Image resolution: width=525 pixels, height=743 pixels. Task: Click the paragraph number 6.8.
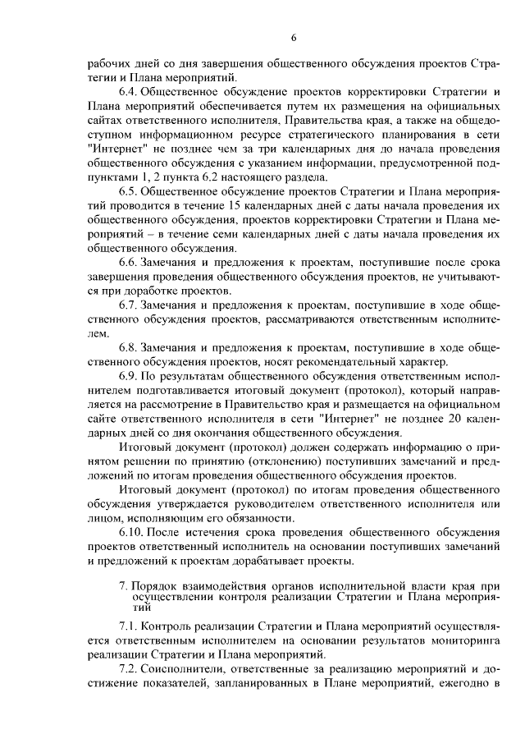130,347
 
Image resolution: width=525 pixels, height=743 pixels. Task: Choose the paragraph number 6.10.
133,532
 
